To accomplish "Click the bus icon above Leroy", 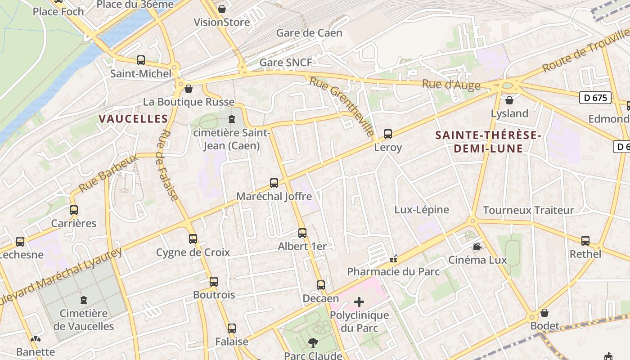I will coord(387,134).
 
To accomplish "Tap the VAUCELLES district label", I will coord(133,119).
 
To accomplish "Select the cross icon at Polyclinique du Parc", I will coord(359,301).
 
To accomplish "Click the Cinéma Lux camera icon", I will coord(477,247).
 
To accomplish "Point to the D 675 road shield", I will coord(595,98).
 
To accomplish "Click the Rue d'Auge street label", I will coord(451,85).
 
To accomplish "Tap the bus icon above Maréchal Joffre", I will coord(274,183).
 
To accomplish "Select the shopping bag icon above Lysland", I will coord(509,100).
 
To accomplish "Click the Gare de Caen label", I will coord(309,33).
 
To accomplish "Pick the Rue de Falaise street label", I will coord(168,165).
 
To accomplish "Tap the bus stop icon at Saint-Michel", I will coord(141,60).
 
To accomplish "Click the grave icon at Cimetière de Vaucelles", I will coord(83,300).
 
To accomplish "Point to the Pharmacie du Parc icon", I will coord(393,259).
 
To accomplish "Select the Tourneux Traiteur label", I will coord(528,210).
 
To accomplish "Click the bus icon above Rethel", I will coord(585,241).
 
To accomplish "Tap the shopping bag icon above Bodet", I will coord(544,312).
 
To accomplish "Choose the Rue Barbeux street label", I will coord(108,172).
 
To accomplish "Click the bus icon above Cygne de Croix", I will coord(193,239).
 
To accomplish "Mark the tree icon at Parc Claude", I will coord(313,343).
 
